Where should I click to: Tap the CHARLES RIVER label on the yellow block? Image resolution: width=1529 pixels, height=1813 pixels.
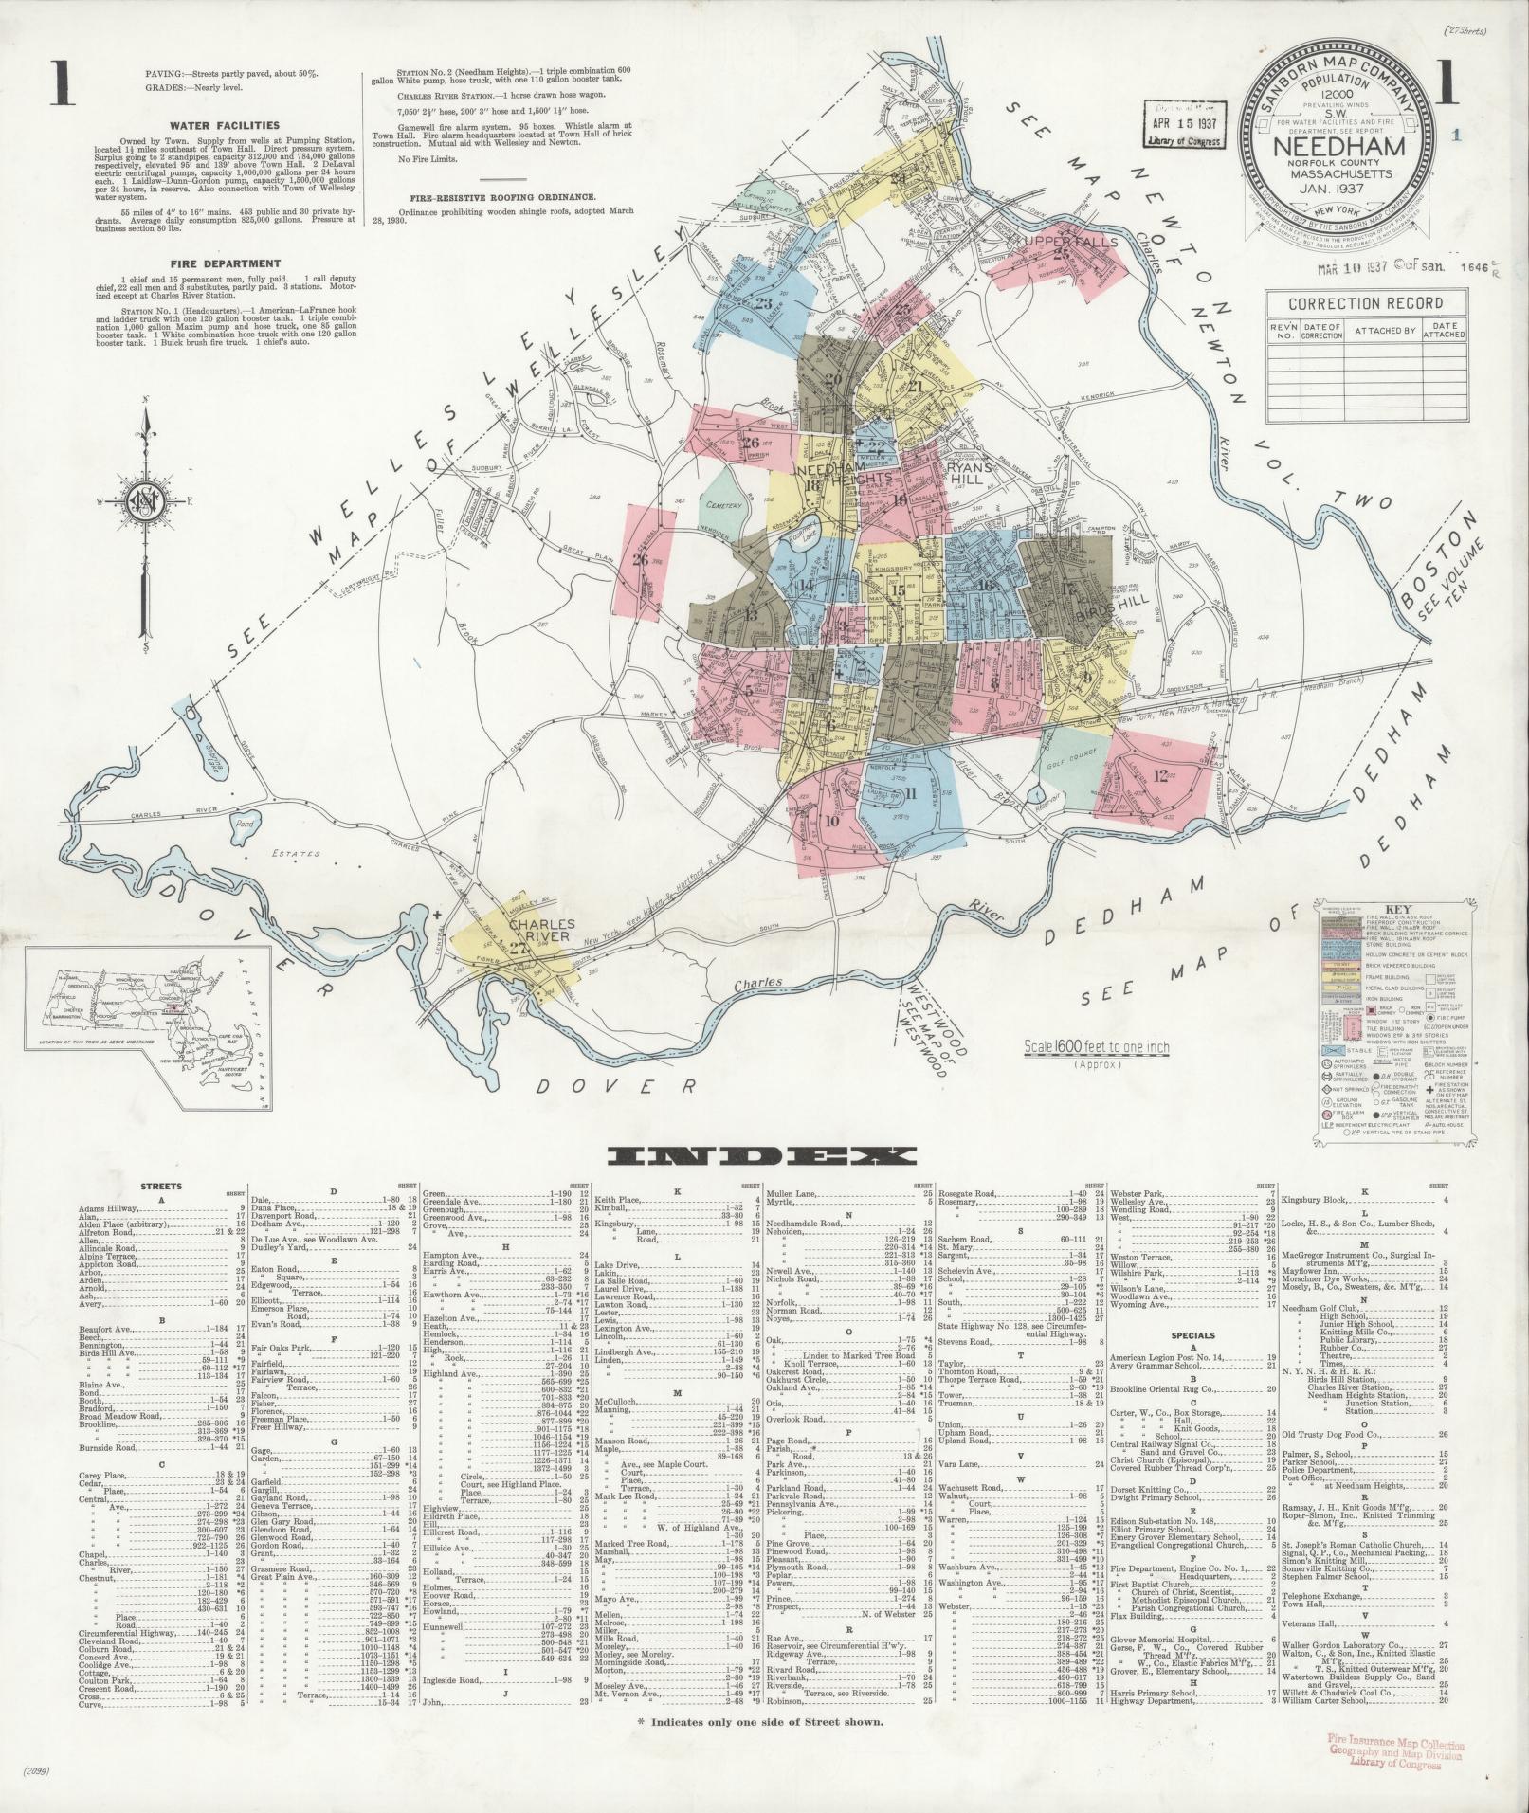[x=542, y=930]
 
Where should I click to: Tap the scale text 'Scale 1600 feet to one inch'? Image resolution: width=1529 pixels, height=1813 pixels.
[x=1096, y=1047]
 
